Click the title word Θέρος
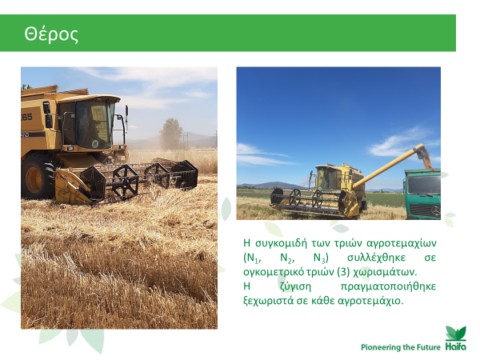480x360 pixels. click(51, 34)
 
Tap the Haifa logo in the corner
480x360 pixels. click(456, 338)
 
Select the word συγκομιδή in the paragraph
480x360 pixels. click(281, 243)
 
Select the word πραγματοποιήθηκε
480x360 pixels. click(388, 287)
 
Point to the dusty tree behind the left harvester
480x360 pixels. click(170, 134)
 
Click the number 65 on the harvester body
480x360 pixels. click(26, 117)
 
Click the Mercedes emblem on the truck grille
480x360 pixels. click(435, 210)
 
